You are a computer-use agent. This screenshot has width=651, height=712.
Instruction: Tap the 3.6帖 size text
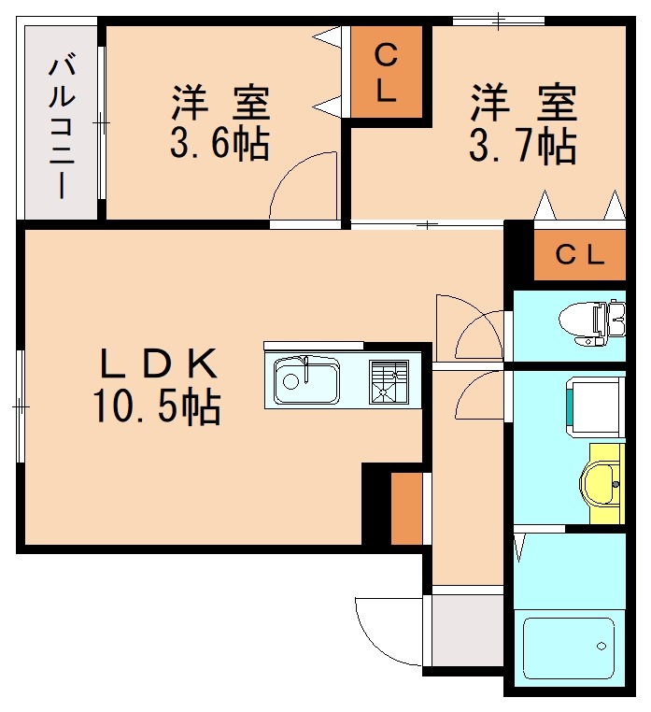click(219, 143)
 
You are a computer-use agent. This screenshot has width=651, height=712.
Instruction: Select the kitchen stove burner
click(389, 381)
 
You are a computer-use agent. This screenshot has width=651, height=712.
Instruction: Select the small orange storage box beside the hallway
click(405, 508)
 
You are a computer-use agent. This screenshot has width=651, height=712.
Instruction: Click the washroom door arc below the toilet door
click(478, 394)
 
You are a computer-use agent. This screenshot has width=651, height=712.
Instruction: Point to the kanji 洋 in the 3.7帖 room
click(487, 103)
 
